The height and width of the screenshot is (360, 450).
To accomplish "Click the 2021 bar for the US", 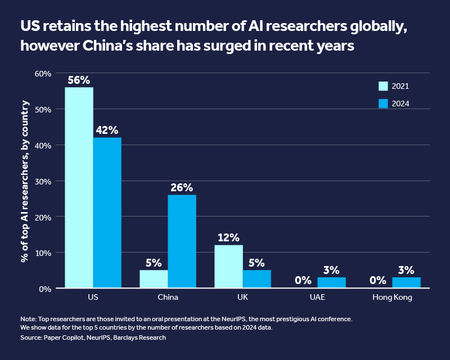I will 79,188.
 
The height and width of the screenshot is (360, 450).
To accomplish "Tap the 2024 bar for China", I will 182,242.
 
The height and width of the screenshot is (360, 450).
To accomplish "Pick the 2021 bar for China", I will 154,279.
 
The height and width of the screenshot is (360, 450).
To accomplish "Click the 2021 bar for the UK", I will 228,267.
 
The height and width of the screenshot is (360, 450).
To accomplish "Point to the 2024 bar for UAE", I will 331,283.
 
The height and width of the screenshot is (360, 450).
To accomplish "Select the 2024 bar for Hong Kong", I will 406,283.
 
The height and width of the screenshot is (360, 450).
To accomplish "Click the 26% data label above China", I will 182,187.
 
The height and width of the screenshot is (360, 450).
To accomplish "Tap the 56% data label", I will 79,80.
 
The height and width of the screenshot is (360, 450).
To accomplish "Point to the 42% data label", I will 107,130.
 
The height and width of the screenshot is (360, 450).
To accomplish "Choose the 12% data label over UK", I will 228,237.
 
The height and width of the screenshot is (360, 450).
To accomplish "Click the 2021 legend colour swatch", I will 383,86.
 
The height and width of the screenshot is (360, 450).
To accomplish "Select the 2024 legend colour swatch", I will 383,103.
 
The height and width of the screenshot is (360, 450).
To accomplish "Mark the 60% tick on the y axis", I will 43,74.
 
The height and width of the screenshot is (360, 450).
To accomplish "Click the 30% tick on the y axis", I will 43,181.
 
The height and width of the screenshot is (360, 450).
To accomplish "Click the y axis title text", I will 25,181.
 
